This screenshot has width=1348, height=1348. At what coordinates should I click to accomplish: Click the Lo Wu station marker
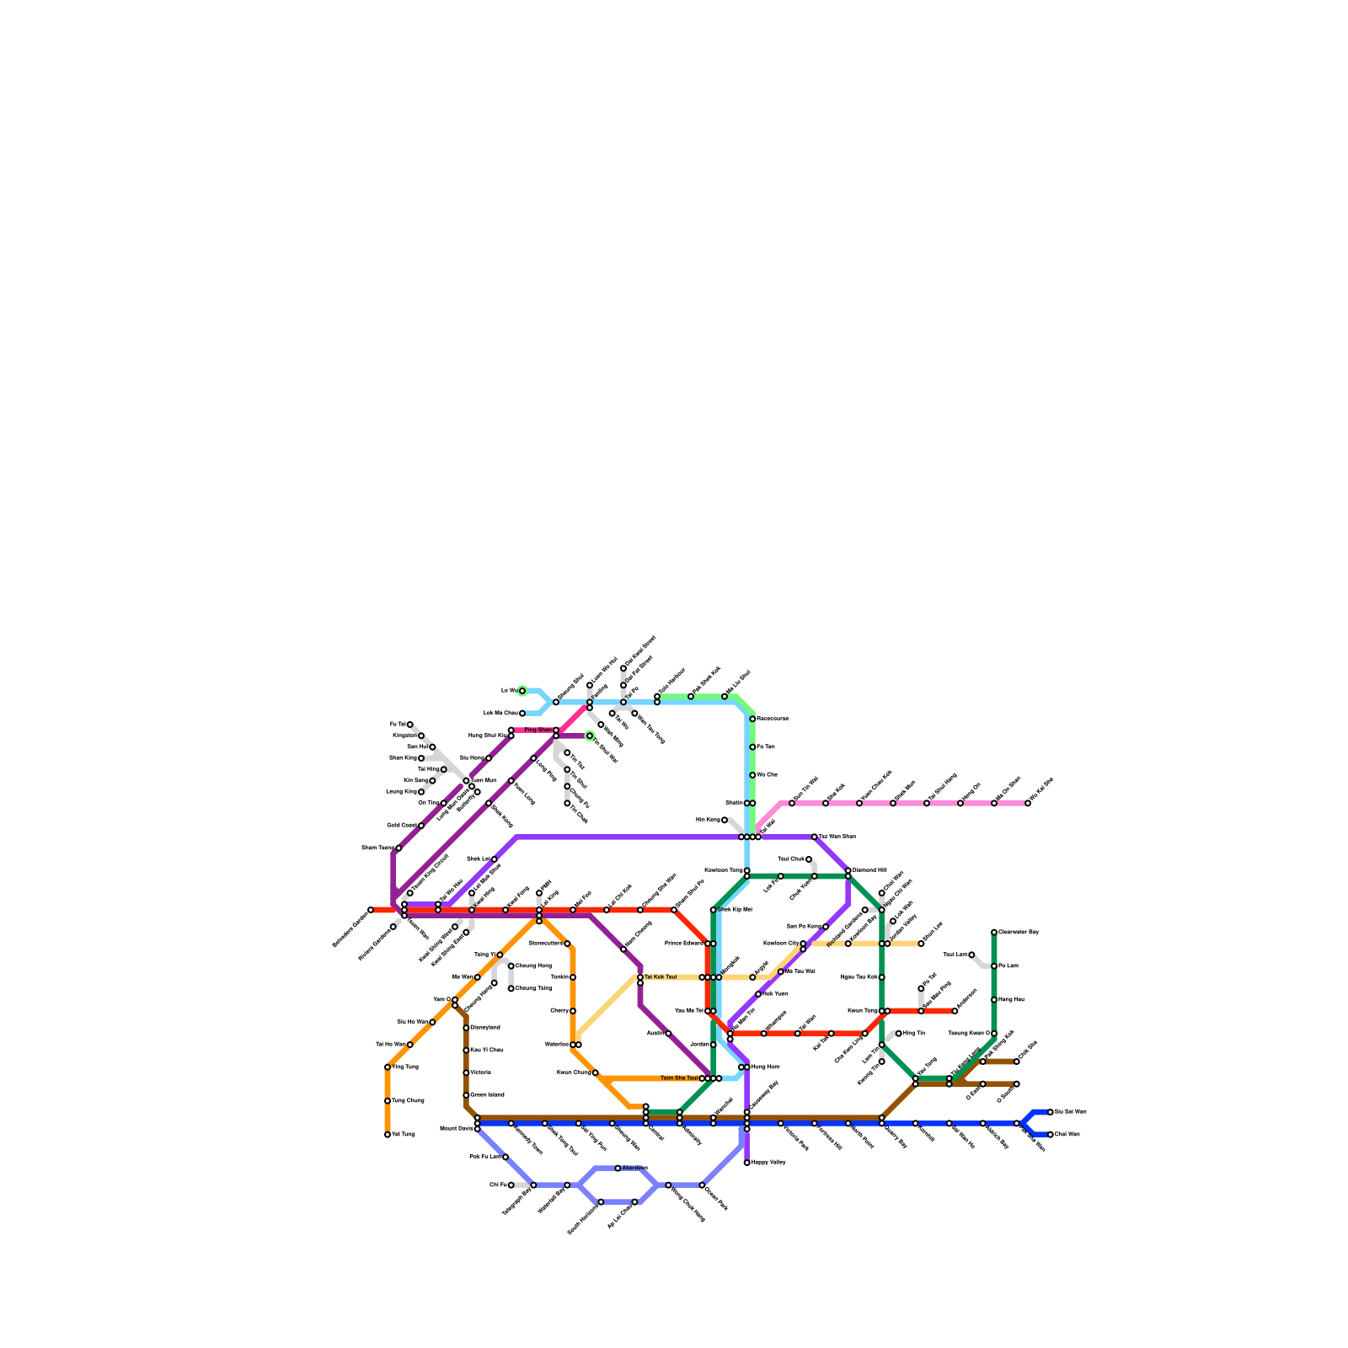[522, 691]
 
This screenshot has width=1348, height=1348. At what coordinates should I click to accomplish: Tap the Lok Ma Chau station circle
[522, 714]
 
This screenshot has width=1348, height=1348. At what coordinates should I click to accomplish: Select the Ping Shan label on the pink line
[538, 730]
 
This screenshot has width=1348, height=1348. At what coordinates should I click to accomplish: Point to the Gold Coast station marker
[421, 826]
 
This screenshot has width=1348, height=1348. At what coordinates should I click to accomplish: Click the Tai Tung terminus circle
[388, 1135]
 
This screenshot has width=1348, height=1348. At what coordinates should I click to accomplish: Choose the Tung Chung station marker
[388, 1101]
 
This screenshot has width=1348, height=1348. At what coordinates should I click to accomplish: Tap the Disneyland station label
[485, 1028]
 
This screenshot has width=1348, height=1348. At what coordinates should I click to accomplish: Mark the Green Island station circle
[466, 1095]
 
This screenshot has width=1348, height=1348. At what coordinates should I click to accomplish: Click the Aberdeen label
[634, 1168]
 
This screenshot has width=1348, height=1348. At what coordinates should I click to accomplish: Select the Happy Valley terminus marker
[747, 1163]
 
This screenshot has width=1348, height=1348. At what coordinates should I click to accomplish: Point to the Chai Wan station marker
[1051, 1135]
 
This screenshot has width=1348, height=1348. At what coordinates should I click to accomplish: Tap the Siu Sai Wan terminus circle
[1051, 1112]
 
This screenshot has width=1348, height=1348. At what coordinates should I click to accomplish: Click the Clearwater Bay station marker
[994, 932]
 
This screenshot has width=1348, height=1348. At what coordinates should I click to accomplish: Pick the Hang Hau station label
[1011, 1000]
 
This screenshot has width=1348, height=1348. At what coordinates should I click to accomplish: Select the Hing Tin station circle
[899, 1034]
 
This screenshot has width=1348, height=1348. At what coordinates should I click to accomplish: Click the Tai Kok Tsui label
[661, 977]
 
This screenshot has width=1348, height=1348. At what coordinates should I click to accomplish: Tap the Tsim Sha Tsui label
[679, 1078]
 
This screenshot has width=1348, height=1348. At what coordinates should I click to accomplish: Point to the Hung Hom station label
[765, 1067]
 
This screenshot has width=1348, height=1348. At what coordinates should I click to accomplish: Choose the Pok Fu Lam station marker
[505, 1158]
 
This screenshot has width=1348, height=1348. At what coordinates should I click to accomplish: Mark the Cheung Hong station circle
[511, 966]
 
